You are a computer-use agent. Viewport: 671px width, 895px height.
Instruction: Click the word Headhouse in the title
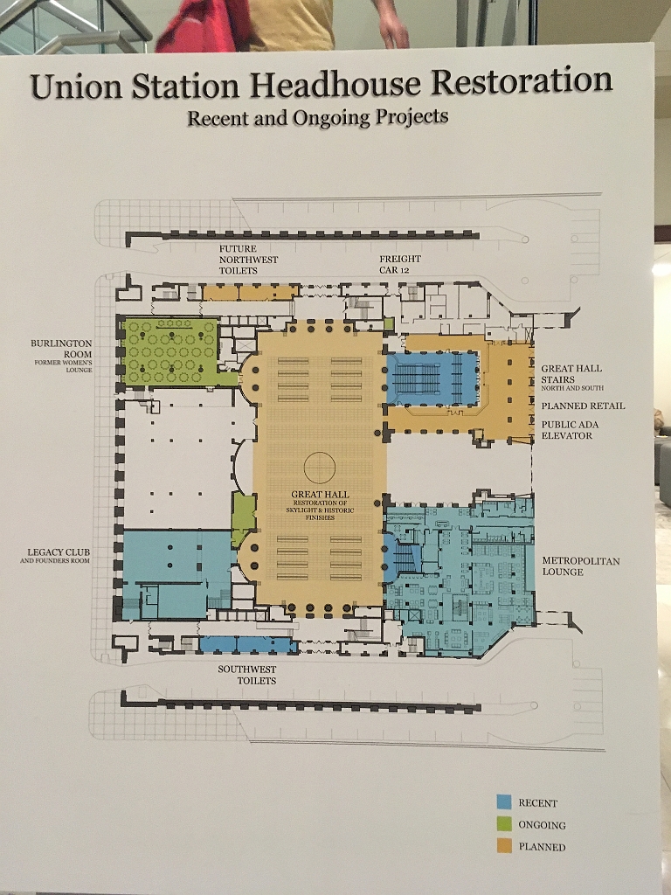point(335,83)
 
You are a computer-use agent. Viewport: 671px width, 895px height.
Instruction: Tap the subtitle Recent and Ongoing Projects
point(318,117)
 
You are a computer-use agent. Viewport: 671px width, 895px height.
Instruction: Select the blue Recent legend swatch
point(504,802)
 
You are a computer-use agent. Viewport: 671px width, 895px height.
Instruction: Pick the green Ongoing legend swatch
point(504,823)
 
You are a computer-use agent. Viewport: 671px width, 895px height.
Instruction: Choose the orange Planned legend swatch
point(504,846)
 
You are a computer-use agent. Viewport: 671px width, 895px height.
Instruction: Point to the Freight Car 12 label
point(400,264)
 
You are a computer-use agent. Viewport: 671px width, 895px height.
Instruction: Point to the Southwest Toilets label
point(247,675)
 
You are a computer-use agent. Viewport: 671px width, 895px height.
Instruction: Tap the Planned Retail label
point(583,406)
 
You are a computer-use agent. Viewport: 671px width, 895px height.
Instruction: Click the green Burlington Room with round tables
point(170,351)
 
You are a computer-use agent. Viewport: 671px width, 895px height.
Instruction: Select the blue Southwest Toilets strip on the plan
point(248,644)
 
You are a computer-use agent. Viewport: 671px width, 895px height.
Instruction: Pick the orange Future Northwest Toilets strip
point(251,293)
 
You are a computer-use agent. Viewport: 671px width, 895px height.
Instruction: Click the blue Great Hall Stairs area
point(432,378)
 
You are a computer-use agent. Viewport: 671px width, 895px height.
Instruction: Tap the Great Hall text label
point(320,495)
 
